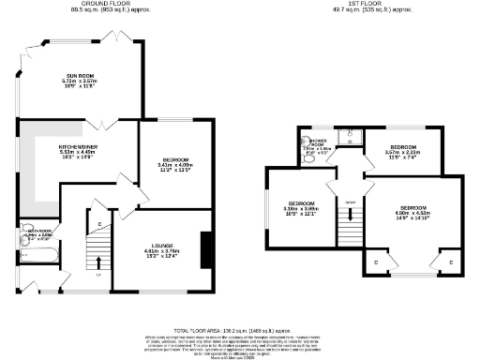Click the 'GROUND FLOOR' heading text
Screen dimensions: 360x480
pyautogui.click(x=103, y=4)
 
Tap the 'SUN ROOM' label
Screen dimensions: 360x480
pyautogui.click(x=80, y=77)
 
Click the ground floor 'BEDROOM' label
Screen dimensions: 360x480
pyautogui.click(x=173, y=160)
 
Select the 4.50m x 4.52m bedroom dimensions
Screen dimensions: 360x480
pyautogui.click(x=413, y=212)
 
